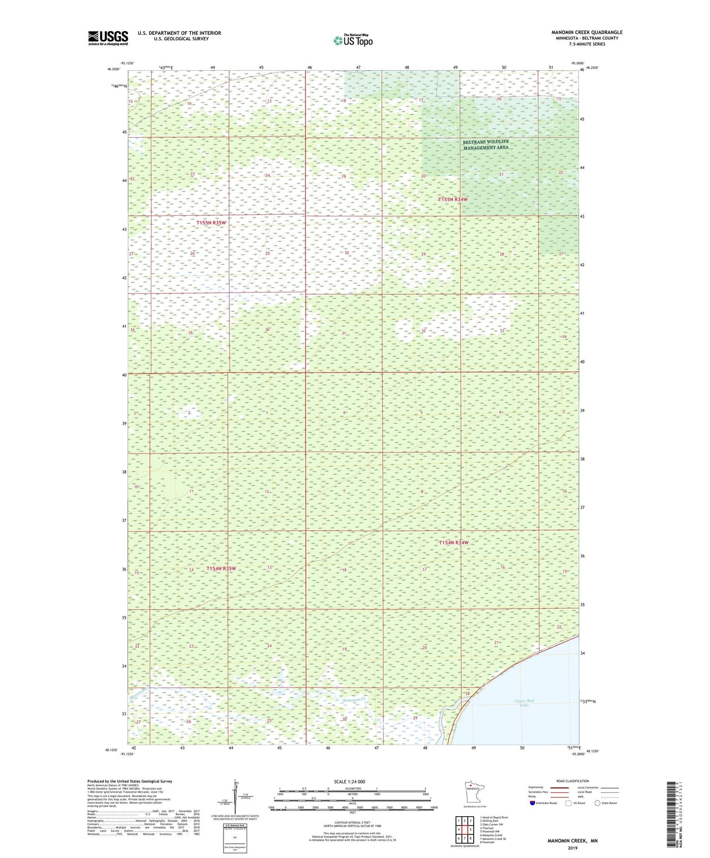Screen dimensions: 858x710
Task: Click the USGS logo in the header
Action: [x=108, y=38]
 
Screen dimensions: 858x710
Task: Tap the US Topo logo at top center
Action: [x=352, y=40]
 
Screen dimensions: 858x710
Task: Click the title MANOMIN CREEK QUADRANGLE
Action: [x=586, y=32]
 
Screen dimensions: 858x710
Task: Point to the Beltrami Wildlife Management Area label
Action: [x=486, y=144]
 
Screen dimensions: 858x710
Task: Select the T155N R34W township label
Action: [x=453, y=200]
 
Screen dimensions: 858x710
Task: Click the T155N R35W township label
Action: [x=211, y=223]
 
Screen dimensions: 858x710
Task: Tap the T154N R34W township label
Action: [x=454, y=543]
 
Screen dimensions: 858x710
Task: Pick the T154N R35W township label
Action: [x=221, y=569]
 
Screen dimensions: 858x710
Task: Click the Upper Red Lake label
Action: [x=524, y=703]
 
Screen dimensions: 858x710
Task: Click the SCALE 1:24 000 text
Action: [x=349, y=781]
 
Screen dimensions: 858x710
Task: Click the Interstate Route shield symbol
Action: [x=533, y=803]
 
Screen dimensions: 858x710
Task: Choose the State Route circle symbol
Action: [x=597, y=803]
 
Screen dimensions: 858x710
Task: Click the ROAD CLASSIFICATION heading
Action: [x=572, y=781]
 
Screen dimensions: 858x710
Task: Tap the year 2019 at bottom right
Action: [x=572, y=848]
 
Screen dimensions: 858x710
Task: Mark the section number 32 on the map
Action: [x=423, y=331]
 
